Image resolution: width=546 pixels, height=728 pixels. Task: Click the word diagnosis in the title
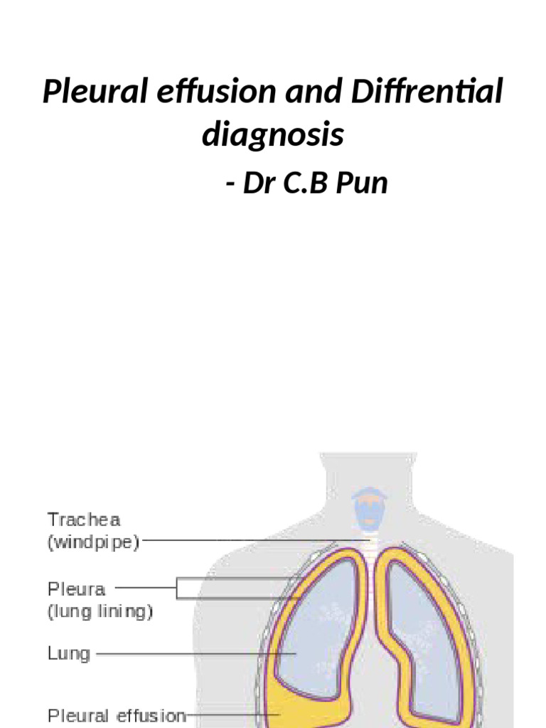coord(273,135)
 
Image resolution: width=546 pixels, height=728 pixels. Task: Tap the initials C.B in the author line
coord(306,183)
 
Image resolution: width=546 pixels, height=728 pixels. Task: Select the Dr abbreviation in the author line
coord(260,183)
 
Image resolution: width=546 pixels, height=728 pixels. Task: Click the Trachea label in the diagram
coord(84,520)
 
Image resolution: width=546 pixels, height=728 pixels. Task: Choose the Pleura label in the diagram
coord(76,589)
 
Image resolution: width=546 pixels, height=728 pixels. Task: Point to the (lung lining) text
coord(100,611)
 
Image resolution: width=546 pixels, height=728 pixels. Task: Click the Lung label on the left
coord(69,653)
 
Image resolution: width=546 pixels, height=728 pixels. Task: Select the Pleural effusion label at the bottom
coord(117,714)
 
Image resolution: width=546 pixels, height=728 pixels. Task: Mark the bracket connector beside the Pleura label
coord(186,589)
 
